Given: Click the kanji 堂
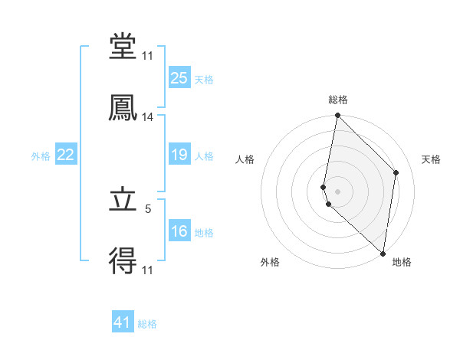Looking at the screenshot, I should [x=123, y=47].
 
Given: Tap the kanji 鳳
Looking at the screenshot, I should [x=123, y=109].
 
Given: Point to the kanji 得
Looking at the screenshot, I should [x=123, y=262].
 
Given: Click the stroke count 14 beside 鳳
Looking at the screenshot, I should [x=148, y=117].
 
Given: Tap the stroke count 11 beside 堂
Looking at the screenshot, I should [x=148, y=56].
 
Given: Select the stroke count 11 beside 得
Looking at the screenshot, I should [x=148, y=270].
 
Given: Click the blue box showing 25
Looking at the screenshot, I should [x=179, y=78].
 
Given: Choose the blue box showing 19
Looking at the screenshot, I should [x=179, y=155].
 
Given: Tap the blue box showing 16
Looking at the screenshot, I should [x=179, y=231].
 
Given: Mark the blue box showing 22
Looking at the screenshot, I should [x=65, y=155].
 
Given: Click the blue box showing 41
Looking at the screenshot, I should [x=123, y=322].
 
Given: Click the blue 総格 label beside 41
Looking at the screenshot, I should [x=147, y=324].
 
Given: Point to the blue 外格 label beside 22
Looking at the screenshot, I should [x=41, y=156].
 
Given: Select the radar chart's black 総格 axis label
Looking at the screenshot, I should [x=338, y=100].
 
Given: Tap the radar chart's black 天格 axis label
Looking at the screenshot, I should [x=432, y=159].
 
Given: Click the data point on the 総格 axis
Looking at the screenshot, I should [x=337, y=116].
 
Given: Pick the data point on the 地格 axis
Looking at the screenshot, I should [x=383, y=253].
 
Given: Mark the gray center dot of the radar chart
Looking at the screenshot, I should [x=337, y=191].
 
